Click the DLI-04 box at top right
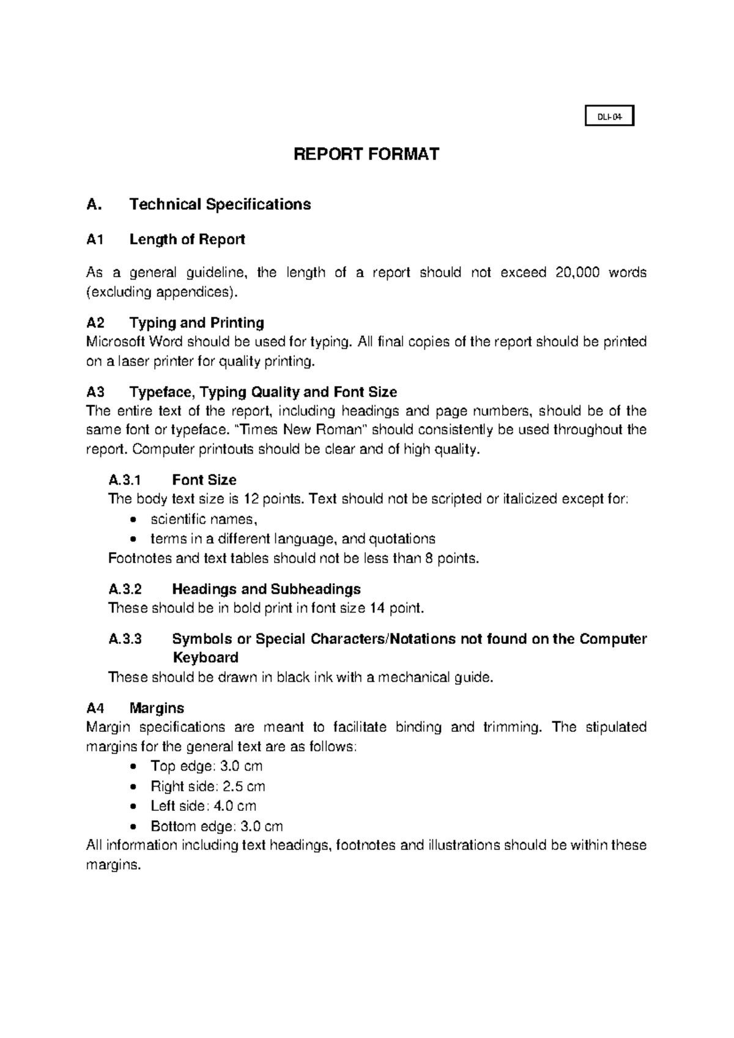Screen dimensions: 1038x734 pos(609,116)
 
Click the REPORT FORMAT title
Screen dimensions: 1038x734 pos(366,154)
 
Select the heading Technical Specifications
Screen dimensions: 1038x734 pos(220,204)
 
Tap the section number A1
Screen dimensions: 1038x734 pos(95,239)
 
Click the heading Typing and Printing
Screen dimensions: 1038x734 pos(196,323)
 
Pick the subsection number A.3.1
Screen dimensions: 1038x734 pos(125,479)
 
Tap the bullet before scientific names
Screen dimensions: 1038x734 pos(134,520)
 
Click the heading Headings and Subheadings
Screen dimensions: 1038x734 pos(266,589)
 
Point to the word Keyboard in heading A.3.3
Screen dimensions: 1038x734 pos(205,658)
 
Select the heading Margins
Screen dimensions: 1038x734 pos(157,708)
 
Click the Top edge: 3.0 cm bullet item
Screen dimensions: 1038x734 pos(206,766)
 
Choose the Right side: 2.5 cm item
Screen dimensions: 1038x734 pos(207,786)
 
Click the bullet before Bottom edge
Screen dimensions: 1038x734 pos(134,827)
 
